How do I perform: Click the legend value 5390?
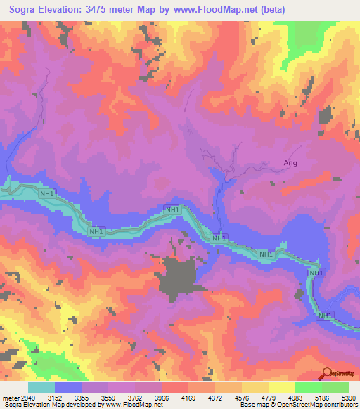[349, 397]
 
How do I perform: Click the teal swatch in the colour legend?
[41, 387]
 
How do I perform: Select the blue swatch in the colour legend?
[67, 387]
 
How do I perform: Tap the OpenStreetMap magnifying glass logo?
[326, 373]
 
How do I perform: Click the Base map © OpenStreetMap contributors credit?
[296, 405]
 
